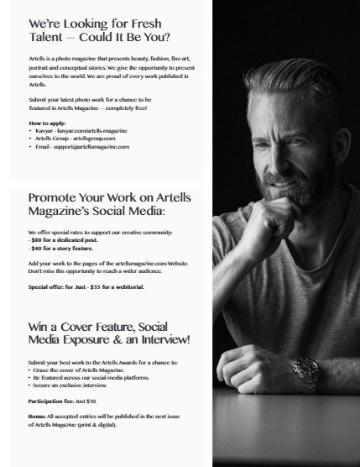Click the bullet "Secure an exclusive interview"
(x=72, y=386)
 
